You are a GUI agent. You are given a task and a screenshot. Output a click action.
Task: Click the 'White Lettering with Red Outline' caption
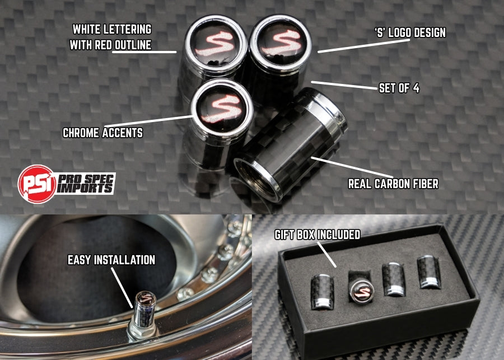tap(110, 37)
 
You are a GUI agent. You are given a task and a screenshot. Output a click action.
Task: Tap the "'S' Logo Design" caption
tap(410, 32)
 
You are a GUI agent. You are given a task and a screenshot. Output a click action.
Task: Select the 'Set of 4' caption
tap(399, 88)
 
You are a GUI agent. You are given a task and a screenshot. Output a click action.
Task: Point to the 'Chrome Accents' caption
tap(102, 133)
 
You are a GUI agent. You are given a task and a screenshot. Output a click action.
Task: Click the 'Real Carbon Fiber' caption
tap(394, 184)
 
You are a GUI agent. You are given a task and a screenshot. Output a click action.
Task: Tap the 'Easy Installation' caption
tap(111, 260)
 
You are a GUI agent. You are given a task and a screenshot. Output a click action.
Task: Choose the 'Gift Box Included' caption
tap(318, 235)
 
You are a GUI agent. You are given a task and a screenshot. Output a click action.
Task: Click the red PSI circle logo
tap(36, 184)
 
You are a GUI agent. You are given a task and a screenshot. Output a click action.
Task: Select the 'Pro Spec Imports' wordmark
tap(86, 183)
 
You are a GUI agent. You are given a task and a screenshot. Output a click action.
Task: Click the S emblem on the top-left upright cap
tap(214, 44)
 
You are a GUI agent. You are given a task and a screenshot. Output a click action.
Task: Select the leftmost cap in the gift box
tap(322, 292)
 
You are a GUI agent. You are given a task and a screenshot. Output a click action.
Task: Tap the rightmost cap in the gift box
tap(429, 272)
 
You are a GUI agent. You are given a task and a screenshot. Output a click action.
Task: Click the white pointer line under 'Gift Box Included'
tap(327, 254)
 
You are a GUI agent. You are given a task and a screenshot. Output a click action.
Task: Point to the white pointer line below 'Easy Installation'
tap(122, 287)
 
